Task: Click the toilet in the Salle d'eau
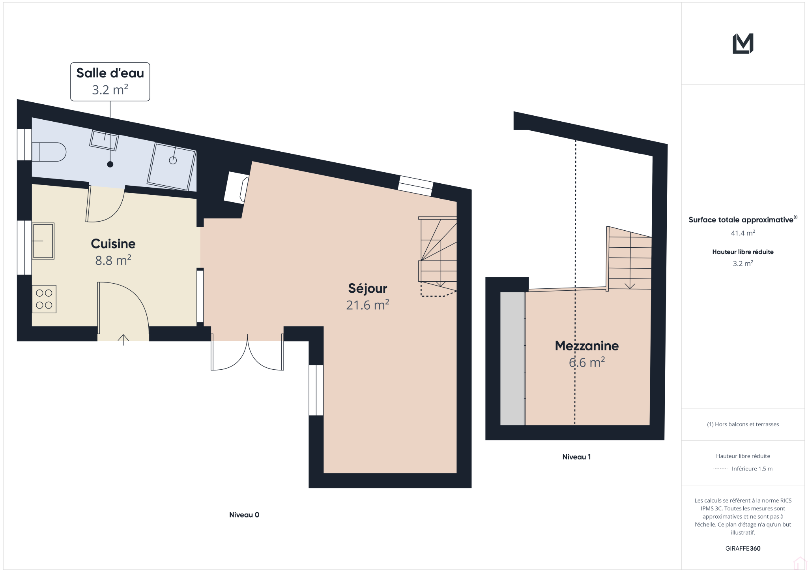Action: pyautogui.click(x=49, y=152)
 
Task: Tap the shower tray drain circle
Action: pyautogui.click(x=173, y=160)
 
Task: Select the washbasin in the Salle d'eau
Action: pyautogui.click(x=104, y=140)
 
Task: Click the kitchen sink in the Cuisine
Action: pyautogui.click(x=43, y=241)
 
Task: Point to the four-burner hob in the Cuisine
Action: pyautogui.click(x=44, y=299)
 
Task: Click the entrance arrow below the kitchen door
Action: pyautogui.click(x=123, y=340)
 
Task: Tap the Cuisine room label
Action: pyautogui.click(x=113, y=244)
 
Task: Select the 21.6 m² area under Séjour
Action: pyautogui.click(x=368, y=305)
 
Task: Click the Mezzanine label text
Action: pyautogui.click(x=587, y=346)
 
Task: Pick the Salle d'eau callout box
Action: pyautogui.click(x=110, y=82)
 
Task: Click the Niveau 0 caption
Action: pyautogui.click(x=244, y=515)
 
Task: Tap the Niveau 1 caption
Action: pyautogui.click(x=576, y=457)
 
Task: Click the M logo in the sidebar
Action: pyautogui.click(x=743, y=43)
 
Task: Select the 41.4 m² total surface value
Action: pyautogui.click(x=743, y=233)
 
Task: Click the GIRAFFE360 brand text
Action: pyautogui.click(x=743, y=548)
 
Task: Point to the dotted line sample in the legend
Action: pyautogui.click(x=720, y=469)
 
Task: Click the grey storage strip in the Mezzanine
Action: pyautogui.click(x=512, y=359)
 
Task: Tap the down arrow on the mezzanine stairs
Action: pyautogui.click(x=630, y=285)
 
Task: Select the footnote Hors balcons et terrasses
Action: pyautogui.click(x=743, y=424)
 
